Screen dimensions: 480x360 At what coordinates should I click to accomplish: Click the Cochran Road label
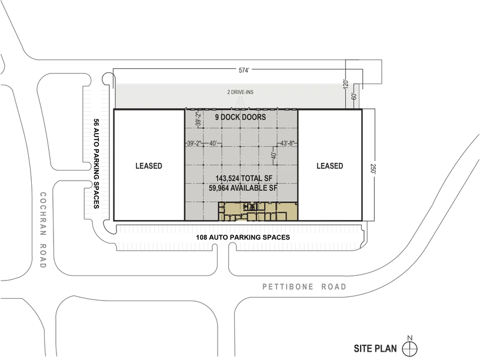point(43,229)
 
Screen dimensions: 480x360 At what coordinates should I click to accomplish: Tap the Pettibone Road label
point(304,287)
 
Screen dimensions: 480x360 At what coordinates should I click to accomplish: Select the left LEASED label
point(149,166)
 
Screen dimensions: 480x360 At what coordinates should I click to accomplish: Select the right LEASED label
point(329,166)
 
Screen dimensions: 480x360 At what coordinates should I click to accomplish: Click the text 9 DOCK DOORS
point(240,117)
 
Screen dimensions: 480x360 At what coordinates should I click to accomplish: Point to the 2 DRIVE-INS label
point(241,92)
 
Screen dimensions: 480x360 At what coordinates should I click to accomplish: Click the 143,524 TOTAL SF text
point(242,178)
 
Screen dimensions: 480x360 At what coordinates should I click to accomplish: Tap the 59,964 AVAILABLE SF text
point(242,188)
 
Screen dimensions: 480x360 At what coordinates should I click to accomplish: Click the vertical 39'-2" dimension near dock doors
point(198,120)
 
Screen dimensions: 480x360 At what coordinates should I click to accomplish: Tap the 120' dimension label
point(347,85)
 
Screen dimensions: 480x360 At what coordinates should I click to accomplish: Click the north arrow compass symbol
point(410,349)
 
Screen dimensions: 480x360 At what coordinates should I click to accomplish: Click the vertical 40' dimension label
point(273,157)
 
